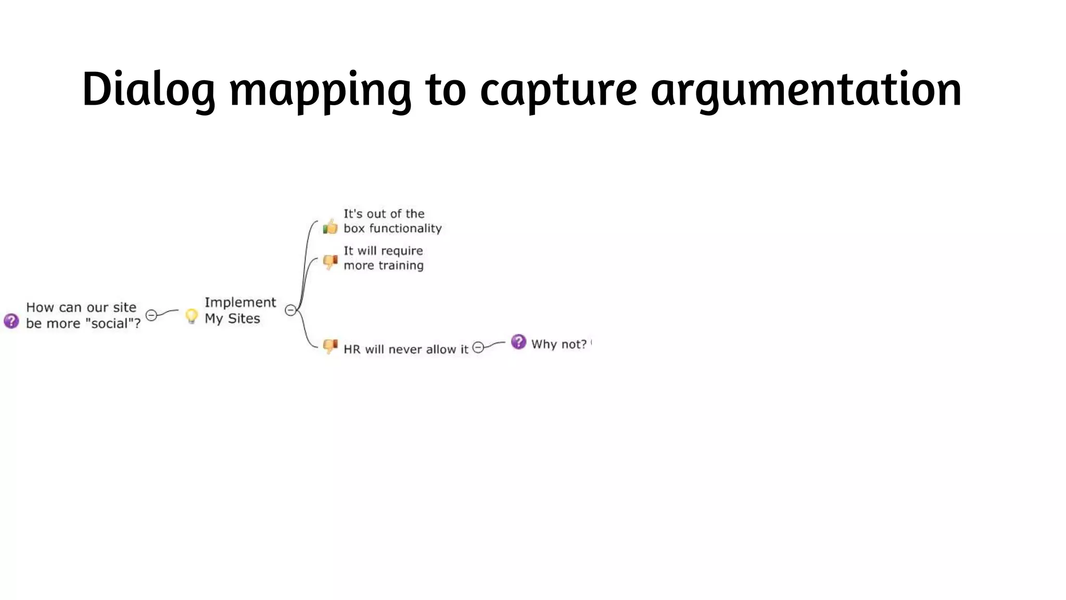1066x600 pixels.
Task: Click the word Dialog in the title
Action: (148, 90)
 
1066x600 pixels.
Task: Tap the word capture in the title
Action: (558, 90)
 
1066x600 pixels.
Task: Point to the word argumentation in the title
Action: (806, 90)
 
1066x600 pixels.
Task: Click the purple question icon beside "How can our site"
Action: (11, 321)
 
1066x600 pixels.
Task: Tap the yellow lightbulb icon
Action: (192, 316)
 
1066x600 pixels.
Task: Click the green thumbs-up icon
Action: (330, 227)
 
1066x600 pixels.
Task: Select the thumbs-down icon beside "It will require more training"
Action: (330, 261)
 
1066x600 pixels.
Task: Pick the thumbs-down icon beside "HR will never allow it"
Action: (330, 346)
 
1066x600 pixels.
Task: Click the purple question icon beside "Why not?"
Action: (518, 342)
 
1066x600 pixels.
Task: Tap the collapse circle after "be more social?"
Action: (151, 315)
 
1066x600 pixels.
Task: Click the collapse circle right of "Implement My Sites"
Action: (290, 310)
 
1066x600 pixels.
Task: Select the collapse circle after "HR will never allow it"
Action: (478, 347)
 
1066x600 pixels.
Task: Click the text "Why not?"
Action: (559, 344)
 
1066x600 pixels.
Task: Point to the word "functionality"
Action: (405, 229)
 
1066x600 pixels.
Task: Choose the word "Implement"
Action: (240, 303)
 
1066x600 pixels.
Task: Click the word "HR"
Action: (352, 349)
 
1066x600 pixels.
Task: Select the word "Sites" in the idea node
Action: (244, 319)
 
